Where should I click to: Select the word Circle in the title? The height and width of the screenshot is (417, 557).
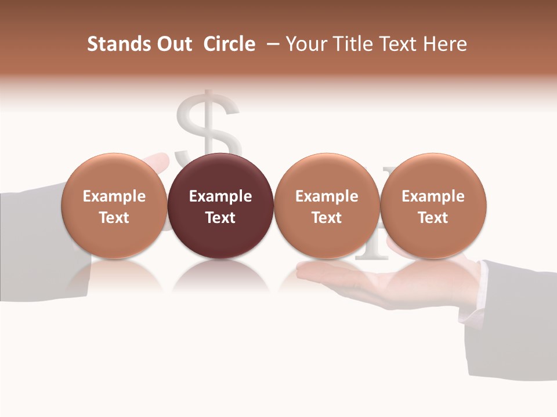(x=229, y=44)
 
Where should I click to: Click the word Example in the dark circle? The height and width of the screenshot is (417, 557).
(x=220, y=196)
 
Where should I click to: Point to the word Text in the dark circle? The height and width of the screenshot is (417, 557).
(x=220, y=218)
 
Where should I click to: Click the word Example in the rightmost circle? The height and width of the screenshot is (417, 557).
(x=433, y=196)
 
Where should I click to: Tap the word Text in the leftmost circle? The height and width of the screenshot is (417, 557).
(x=114, y=218)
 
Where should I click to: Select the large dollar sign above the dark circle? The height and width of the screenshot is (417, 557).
(x=209, y=125)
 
